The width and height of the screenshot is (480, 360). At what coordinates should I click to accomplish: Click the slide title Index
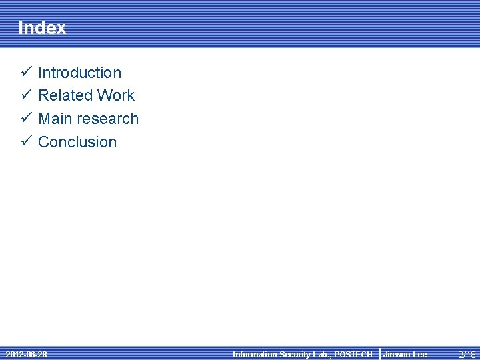coord(42,28)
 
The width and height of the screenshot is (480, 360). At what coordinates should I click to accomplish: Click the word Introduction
coord(80,73)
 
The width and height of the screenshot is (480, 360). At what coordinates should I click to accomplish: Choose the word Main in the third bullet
coord(54,119)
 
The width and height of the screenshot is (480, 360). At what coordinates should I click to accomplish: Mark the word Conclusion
coord(77,142)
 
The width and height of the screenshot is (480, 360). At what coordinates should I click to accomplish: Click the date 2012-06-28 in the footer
coord(26,354)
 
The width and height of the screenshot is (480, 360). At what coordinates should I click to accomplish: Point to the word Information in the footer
coord(254,355)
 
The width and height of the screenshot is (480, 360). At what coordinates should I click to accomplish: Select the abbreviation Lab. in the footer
coord(321,355)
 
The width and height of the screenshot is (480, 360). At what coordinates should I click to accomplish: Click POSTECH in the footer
coord(353,355)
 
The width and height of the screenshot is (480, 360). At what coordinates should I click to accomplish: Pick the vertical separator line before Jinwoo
coord(379,354)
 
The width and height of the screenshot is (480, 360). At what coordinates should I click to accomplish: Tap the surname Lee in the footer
coord(419,355)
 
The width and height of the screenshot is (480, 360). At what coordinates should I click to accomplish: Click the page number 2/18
coord(467,355)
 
